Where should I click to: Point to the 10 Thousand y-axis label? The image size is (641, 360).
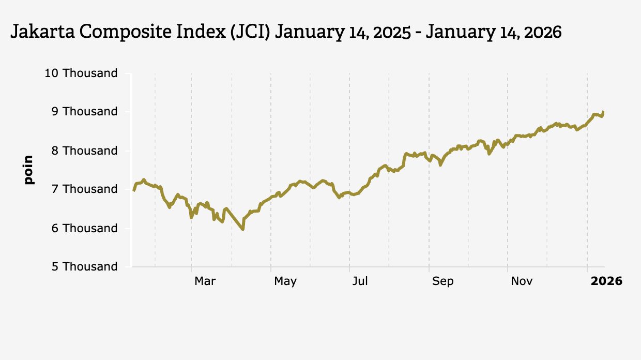[x=81, y=73]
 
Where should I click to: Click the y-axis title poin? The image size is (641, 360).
[x=28, y=170]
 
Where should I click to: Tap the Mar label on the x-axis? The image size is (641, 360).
[x=205, y=281]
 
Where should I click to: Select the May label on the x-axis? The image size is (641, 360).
[x=285, y=281]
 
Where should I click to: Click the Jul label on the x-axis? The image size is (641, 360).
[x=360, y=281]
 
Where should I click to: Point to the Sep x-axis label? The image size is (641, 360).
[x=442, y=281]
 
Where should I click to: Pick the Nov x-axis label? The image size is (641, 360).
[x=522, y=281]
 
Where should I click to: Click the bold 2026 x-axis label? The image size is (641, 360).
[x=606, y=281]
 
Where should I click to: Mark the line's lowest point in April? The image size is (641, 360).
[x=242, y=229]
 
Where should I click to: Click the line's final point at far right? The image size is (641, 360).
[x=603, y=112]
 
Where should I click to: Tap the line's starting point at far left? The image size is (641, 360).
[x=134, y=190]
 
